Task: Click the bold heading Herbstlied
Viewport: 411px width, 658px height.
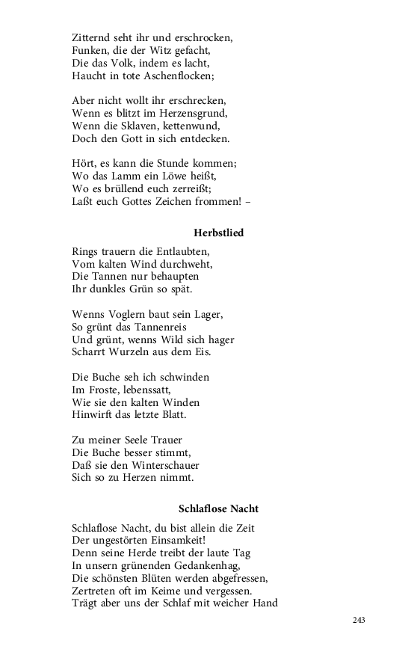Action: click(x=218, y=233)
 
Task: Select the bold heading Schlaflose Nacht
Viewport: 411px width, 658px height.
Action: click(x=218, y=508)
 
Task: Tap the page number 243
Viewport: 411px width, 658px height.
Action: click(x=359, y=620)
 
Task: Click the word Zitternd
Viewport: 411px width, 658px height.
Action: click(x=93, y=37)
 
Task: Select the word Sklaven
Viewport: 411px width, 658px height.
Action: click(x=141, y=126)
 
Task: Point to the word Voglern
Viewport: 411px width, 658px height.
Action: click(x=124, y=313)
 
